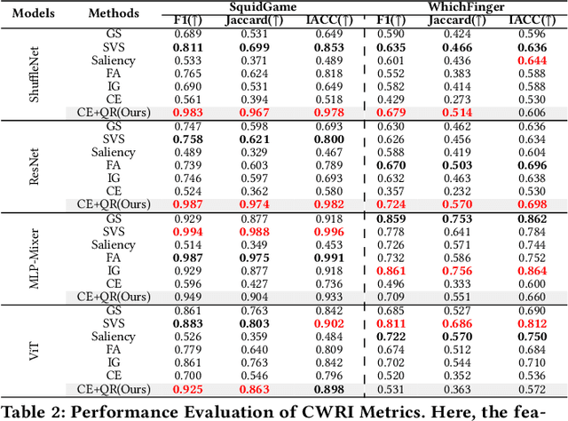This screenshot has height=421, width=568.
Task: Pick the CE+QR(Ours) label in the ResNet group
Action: [114, 204]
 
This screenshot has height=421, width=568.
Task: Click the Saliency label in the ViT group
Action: [114, 337]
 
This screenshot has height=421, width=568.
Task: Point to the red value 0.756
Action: [457, 270]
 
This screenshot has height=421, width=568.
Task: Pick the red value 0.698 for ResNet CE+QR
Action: [531, 204]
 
